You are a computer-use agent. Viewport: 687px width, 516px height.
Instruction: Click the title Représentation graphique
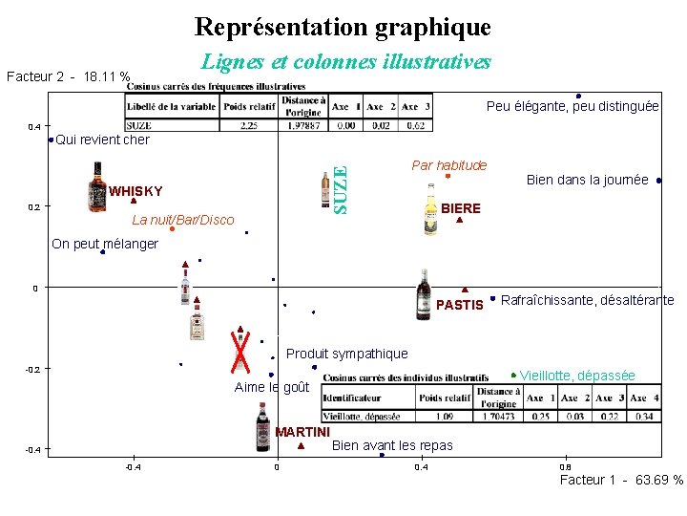(343, 26)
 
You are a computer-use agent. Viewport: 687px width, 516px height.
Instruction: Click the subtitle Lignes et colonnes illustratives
(346, 62)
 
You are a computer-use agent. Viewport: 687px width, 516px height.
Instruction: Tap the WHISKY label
(135, 190)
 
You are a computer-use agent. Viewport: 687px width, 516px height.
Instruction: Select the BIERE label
(462, 208)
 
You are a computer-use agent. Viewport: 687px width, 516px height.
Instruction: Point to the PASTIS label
(460, 305)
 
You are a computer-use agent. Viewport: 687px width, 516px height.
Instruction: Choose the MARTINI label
(302, 432)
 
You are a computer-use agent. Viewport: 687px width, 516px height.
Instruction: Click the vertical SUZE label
(339, 189)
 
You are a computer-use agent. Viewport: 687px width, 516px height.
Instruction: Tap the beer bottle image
(431, 208)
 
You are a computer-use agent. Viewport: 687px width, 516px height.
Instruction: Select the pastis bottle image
(424, 294)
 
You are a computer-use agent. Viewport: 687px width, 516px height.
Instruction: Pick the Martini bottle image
(263, 426)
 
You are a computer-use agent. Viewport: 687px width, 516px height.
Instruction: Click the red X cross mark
(241, 351)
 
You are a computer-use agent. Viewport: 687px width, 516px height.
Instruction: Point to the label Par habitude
(448, 165)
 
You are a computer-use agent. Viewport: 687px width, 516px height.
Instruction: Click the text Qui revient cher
(102, 140)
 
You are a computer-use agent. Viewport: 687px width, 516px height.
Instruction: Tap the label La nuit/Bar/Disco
(183, 221)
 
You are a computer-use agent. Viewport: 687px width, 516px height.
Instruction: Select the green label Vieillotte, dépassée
(576, 376)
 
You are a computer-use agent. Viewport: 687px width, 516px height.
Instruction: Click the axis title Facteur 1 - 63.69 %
(620, 480)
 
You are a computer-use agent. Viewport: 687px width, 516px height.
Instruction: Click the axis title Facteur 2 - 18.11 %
(67, 75)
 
